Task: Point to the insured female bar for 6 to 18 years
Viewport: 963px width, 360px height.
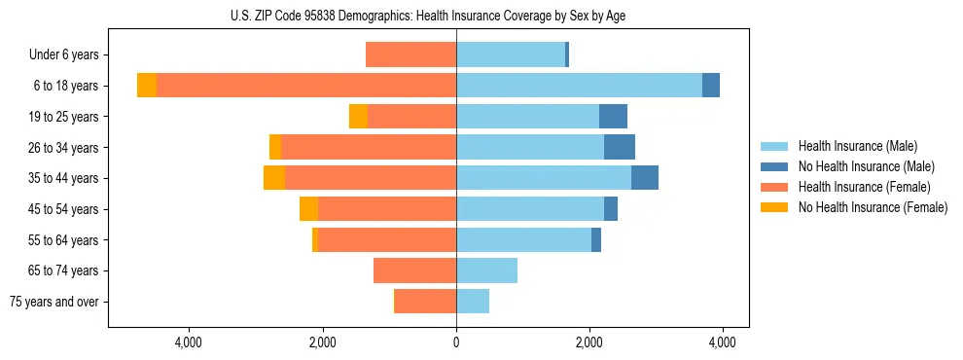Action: pos(306,86)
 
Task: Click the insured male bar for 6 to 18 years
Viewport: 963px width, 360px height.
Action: pos(579,86)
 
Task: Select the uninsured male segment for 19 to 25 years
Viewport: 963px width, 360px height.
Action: pos(613,117)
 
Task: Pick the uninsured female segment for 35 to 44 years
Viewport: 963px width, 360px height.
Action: pos(274,178)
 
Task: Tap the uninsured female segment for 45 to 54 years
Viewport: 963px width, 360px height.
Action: pos(308,209)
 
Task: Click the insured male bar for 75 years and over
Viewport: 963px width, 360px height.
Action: pos(473,302)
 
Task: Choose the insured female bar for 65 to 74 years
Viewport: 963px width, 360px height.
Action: pos(414,270)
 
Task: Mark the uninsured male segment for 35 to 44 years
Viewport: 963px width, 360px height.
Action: pos(645,178)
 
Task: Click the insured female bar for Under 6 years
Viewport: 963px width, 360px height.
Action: pos(410,55)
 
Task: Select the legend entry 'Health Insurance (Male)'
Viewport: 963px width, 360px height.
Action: pos(857,146)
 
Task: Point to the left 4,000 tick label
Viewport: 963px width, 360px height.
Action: pos(188,342)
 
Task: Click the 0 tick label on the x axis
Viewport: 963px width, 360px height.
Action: pos(456,342)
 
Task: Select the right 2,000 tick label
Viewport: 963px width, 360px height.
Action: pos(588,342)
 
